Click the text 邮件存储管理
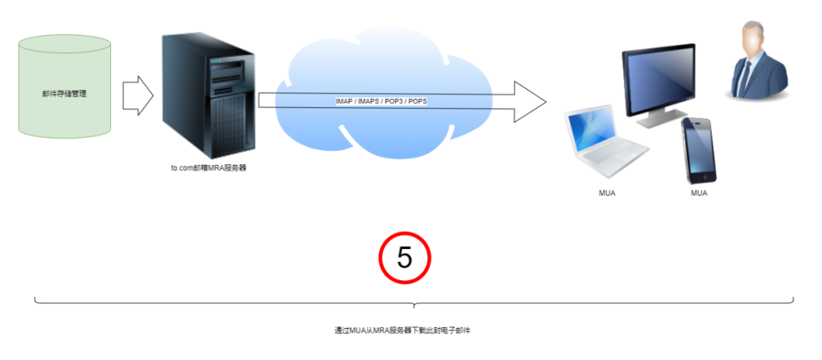tap(64, 94)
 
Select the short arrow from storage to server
tap(138, 95)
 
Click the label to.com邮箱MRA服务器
tap(209, 167)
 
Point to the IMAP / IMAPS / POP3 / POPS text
tap(381, 101)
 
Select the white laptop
tap(605, 141)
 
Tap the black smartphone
tap(699, 150)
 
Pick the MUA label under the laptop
tap(607, 193)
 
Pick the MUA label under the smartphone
tap(699, 193)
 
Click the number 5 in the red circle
tap(405, 258)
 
